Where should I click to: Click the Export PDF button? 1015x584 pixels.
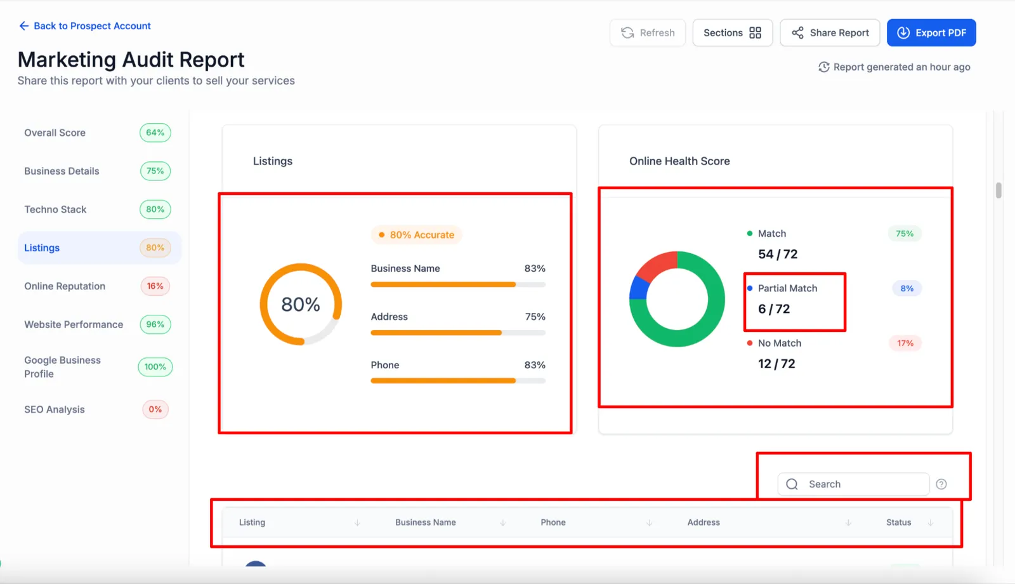(x=931, y=32)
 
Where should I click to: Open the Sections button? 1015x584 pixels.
(x=732, y=32)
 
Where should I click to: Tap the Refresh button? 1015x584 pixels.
(x=648, y=32)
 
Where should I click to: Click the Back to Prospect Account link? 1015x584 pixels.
(x=85, y=26)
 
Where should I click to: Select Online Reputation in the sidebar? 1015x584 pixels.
(x=65, y=286)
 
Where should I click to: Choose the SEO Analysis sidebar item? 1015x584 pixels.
(x=55, y=409)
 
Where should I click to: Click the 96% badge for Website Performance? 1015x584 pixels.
(x=155, y=324)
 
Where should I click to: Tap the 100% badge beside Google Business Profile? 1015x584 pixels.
(x=155, y=367)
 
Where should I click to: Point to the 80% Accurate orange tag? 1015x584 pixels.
(x=416, y=235)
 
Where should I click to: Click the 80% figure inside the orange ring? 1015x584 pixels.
(x=301, y=304)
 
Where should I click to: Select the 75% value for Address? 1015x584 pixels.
(x=535, y=317)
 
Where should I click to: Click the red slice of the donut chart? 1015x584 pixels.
(x=656, y=264)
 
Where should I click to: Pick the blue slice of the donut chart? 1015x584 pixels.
(x=639, y=288)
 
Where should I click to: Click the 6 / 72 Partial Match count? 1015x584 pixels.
(x=774, y=309)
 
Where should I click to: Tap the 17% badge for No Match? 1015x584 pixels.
(x=905, y=343)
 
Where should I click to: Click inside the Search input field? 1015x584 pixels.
(x=853, y=484)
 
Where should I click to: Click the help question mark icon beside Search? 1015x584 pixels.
(x=941, y=484)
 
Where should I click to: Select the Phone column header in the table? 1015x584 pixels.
(x=553, y=522)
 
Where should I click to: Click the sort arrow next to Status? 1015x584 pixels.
(x=930, y=523)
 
